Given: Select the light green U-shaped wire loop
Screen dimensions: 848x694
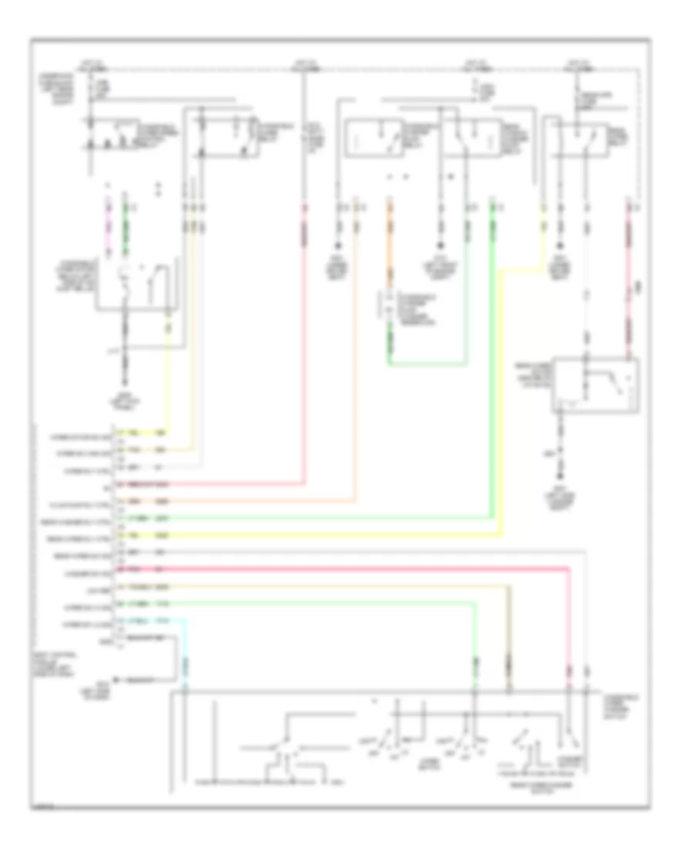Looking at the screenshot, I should click(x=427, y=363).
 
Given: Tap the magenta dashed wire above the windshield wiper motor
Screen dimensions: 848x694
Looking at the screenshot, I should click(x=106, y=231).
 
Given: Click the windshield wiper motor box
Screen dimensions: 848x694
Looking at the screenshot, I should click(x=139, y=285).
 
